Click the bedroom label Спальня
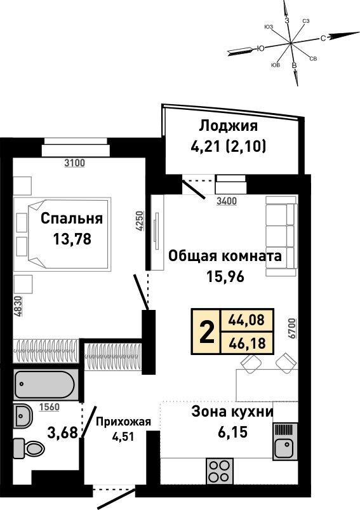72,218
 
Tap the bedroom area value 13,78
72,239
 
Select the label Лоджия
229,126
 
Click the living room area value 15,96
225,276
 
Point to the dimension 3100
74,163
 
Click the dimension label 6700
292,329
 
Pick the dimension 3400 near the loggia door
227,201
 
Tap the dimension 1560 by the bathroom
50,407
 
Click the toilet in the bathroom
29,448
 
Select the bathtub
46,384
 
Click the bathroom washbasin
23,416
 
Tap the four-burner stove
219,471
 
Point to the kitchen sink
285,441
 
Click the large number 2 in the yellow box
207,332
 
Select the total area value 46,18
247,343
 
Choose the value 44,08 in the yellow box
246,320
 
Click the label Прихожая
124,422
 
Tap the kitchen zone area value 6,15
233,433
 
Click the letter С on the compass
323,38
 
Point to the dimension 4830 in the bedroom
18,306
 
